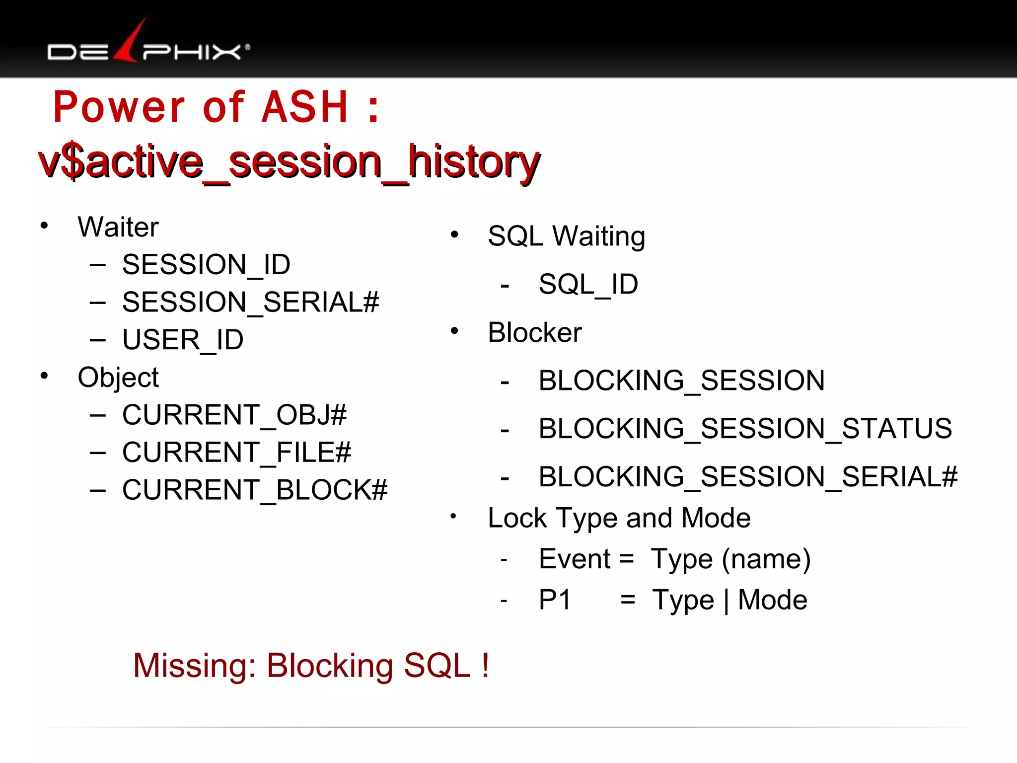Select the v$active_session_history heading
[x=289, y=161]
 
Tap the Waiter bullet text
[x=118, y=227]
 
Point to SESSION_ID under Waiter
[x=206, y=264]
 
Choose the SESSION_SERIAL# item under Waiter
[x=250, y=302]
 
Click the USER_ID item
[x=183, y=340]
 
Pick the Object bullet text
[x=118, y=378]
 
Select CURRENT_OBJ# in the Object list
[x=234, y=415]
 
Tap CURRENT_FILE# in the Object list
[x=236, y=453]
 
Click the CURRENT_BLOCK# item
[x=254, y=490]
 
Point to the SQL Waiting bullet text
[x=566, y=236]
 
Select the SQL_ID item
[x=588, y=284]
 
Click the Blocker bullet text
[x=534, y=332]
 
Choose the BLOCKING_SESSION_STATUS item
[x=745, y=429]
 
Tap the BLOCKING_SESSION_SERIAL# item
[x=748, y=477]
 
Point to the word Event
[x=575, y=559]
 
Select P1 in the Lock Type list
[x=555, y=600]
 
